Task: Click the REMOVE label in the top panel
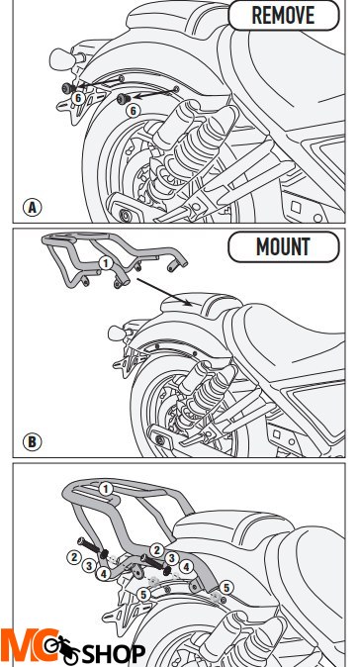(x=283, y=16)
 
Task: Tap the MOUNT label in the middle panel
(x=283, y=247)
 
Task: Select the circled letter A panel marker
(x=34, y=208)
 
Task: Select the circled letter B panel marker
(x=34, y=441)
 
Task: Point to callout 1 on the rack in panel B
(x=104, y=262)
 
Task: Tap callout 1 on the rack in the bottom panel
(x=105, y=488)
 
